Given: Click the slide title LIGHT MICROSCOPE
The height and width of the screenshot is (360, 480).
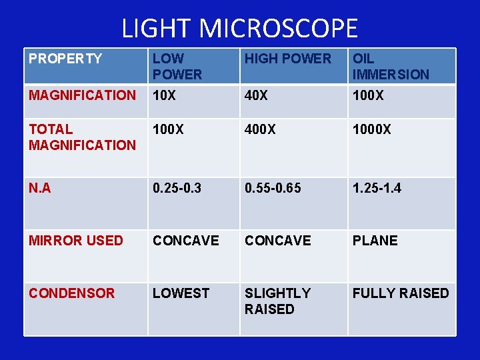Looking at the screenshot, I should click(240, 28).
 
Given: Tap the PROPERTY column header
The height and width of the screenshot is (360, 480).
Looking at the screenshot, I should click(65, 59).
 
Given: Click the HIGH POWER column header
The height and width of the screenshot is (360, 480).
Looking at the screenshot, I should click(287, 59).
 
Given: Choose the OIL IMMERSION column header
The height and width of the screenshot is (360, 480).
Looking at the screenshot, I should click(391, 67).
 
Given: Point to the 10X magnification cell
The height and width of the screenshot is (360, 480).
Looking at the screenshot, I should click(165, 95).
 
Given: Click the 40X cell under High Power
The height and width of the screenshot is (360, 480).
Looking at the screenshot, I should click(257, 95).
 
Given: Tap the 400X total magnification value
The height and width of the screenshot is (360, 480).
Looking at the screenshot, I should click(261, 129).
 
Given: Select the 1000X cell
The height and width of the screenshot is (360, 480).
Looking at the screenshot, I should click(372, 129).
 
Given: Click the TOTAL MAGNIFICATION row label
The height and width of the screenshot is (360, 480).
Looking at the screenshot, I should click(82, 137).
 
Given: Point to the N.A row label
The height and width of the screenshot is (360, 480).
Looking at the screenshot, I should click(40, 189).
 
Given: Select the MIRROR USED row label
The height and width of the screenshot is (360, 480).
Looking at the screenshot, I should click(76, 241).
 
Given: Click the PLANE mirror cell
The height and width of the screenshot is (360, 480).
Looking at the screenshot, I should click(375, 241).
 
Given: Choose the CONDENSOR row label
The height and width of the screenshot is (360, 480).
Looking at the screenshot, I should click(72, 293).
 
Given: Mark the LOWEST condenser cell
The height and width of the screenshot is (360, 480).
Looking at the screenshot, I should click(181, 293).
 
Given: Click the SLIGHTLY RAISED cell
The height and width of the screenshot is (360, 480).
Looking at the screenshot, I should click(277, 301).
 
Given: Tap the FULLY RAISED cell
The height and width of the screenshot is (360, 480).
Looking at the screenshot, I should click(401, 293).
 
